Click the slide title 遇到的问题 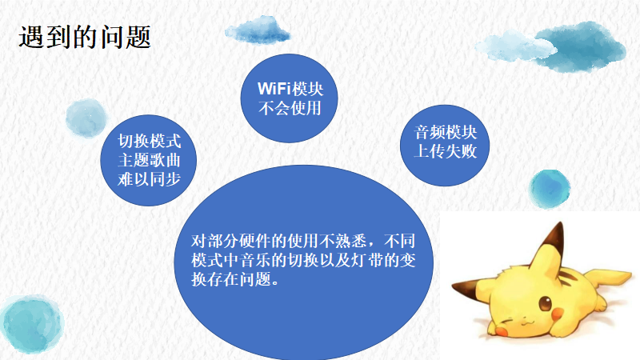click(x=85, y=37)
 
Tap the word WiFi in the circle click(x=274, y=89)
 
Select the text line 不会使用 click(x=290, y=108)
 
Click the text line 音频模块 click(x=446, y=132)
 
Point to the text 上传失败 click(x=446, y=151)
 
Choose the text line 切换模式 click(x=149, y=142)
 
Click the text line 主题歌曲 click(x=149, y=161)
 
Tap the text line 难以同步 click(x=149, y=179)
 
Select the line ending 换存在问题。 click(x=235, y=279)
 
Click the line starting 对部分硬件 click(x=303, y=242)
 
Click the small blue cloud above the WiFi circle click(x=258, y=30)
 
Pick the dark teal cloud click(x=581, y=46)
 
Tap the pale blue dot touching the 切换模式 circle click(x=86, y=118)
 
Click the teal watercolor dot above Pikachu click(x=550, y=189)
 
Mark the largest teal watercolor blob click(x=32, y=325)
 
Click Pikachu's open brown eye click(x=545, y=304)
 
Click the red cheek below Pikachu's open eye click(x=557, y=314)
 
